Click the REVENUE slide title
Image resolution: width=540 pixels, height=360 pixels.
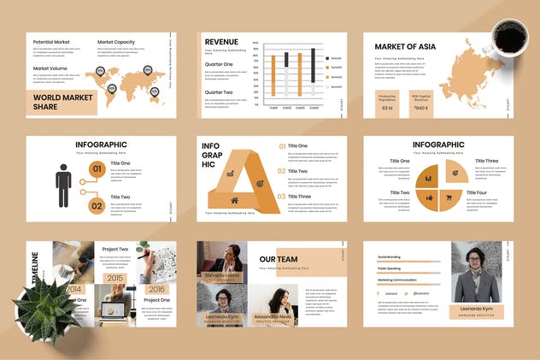pos(221,41)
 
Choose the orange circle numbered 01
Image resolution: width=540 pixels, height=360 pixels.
pos(97,168)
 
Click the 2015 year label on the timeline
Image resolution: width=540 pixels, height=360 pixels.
pos(115,278)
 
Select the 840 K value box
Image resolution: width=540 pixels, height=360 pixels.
pos(421,109)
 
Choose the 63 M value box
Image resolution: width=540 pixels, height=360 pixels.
pos(387,109)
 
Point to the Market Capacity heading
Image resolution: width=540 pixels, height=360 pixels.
pos(116,42)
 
